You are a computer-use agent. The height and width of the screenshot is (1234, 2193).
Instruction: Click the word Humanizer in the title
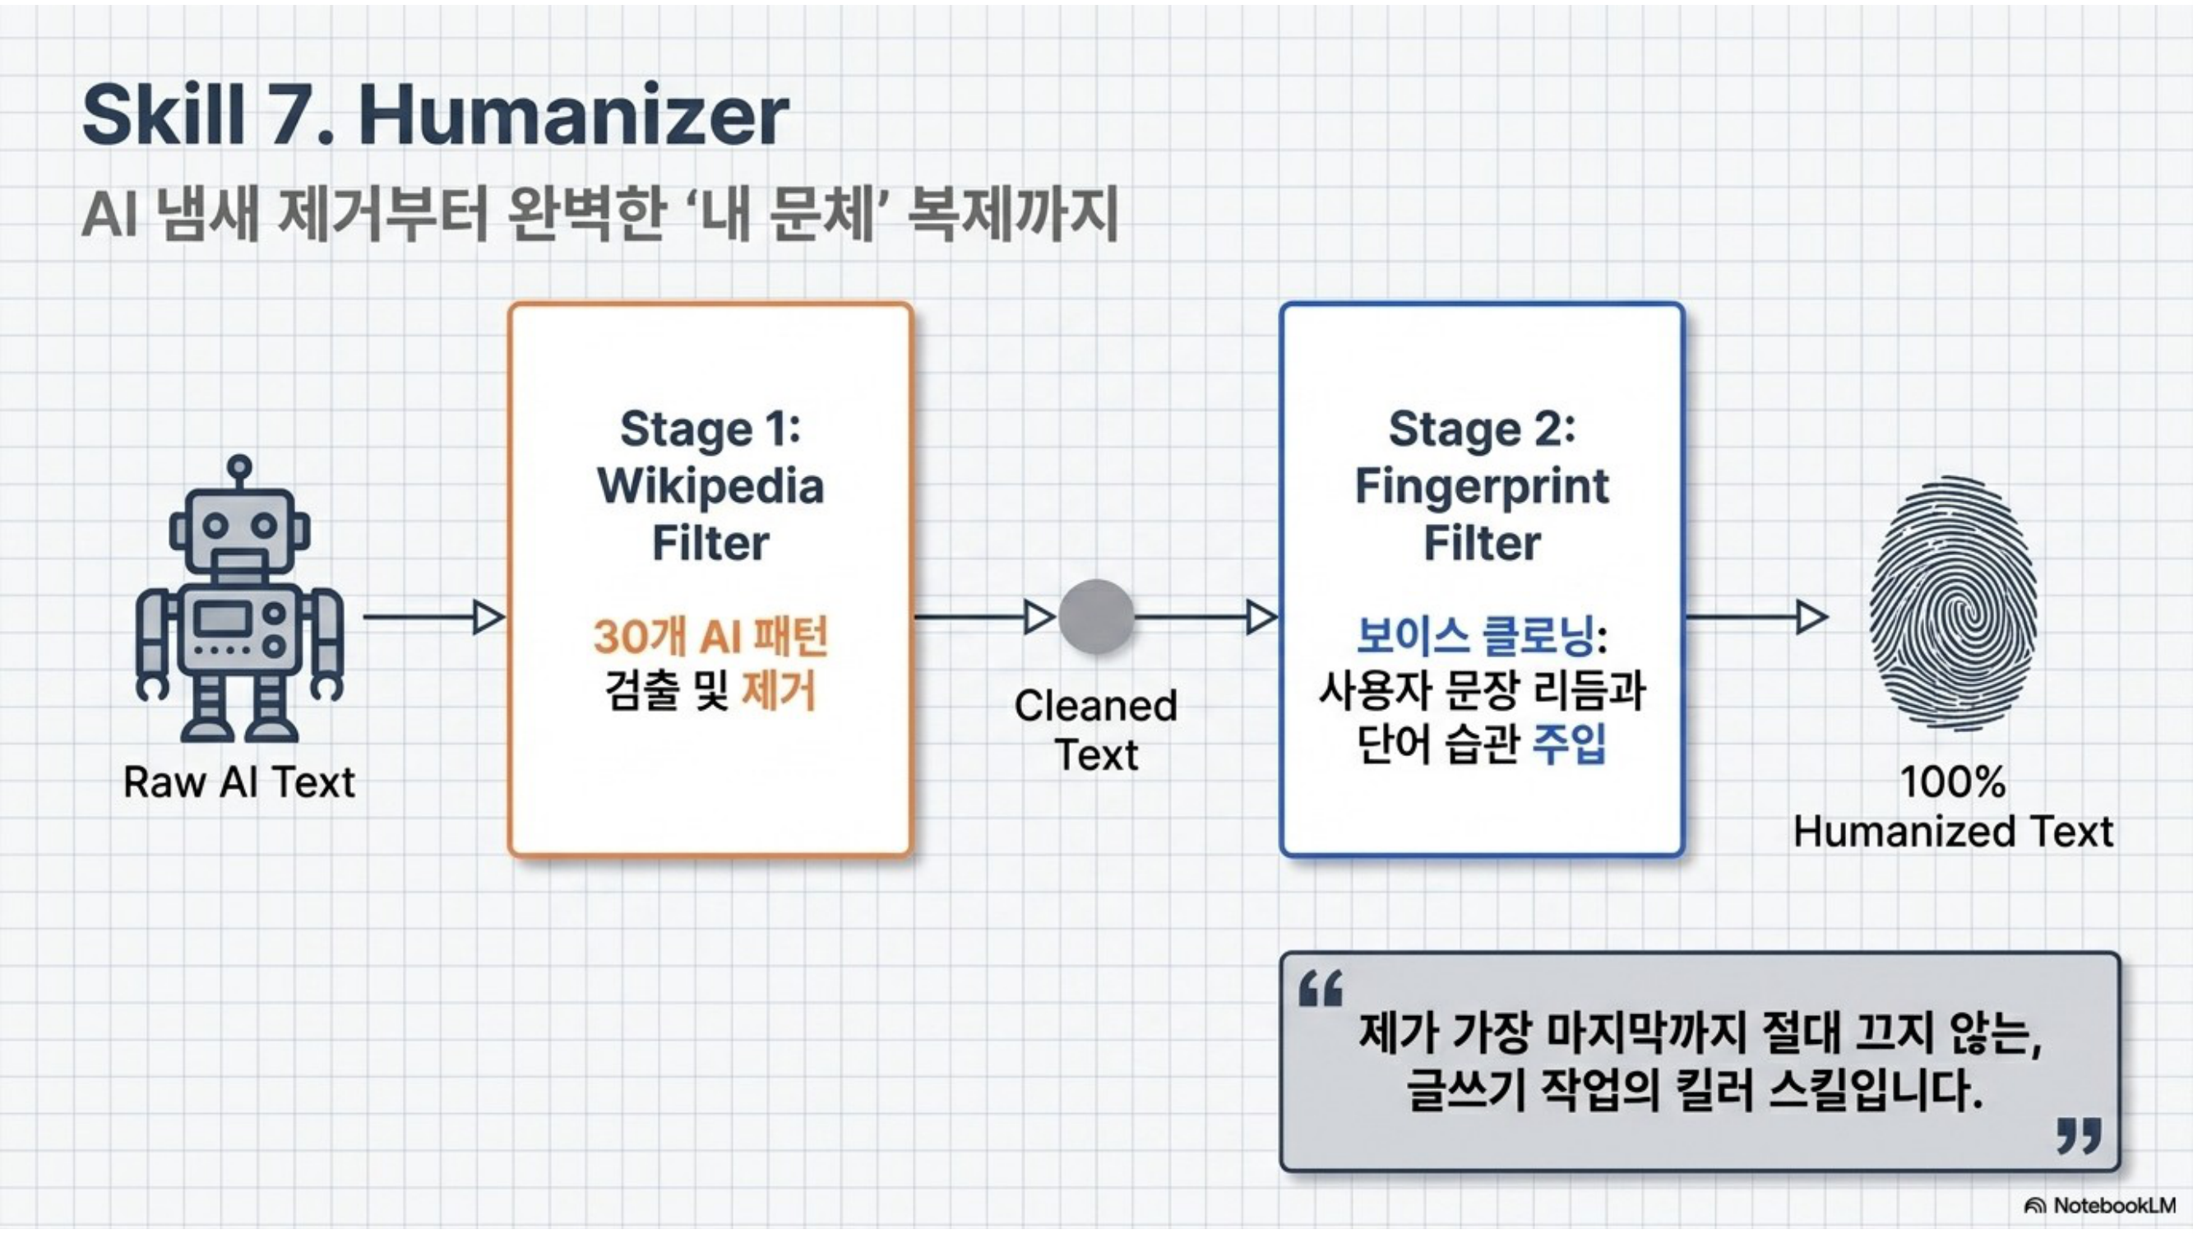[x=574, y=116]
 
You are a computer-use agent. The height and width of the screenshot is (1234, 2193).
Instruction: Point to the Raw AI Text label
[x=239, y=782]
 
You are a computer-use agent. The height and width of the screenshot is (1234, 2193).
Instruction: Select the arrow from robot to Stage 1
[x=434, y=616]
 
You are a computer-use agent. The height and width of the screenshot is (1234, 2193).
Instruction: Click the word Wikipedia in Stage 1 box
[x=710, y=487]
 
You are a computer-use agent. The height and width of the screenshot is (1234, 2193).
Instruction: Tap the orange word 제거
[x=779, y=691]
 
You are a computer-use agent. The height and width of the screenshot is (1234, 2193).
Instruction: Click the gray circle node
[x=1097, y=616]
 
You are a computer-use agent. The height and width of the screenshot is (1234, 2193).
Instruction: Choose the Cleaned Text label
[x=1097, y=731]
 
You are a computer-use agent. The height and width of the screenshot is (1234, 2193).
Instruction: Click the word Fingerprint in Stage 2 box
[x=1483, y=487]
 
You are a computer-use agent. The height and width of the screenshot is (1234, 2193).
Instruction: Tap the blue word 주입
[x=1569, y=745]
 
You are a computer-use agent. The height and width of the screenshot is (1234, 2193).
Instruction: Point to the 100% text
[x=1953, y=781]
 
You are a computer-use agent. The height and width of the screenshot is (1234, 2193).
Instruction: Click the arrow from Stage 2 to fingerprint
[x=1756, y=616]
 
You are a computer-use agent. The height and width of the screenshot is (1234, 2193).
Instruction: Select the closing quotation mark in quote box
[x=2079, y=1136]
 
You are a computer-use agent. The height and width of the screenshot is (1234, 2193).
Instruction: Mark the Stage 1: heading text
[x=710, y=429]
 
